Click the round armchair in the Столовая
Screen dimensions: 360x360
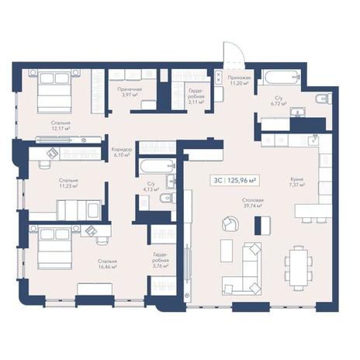pos(231,224)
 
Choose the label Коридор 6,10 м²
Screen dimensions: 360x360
pos(123,151)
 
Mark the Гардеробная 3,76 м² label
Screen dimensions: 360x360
pos(161,261)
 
